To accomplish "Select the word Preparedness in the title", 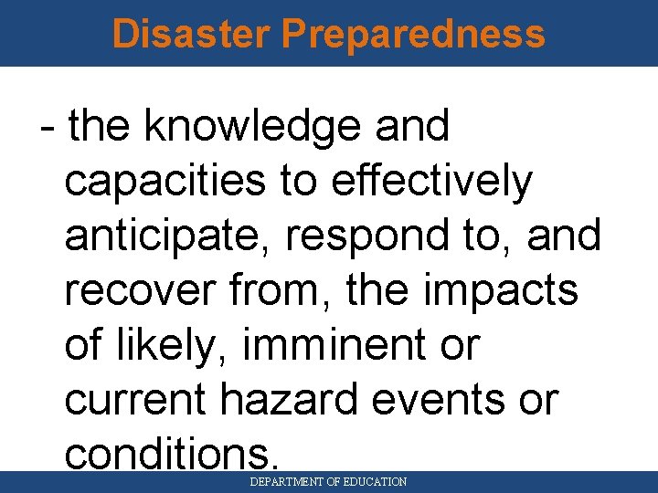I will pos(413,34).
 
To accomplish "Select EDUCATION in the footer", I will pos(375,481).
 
